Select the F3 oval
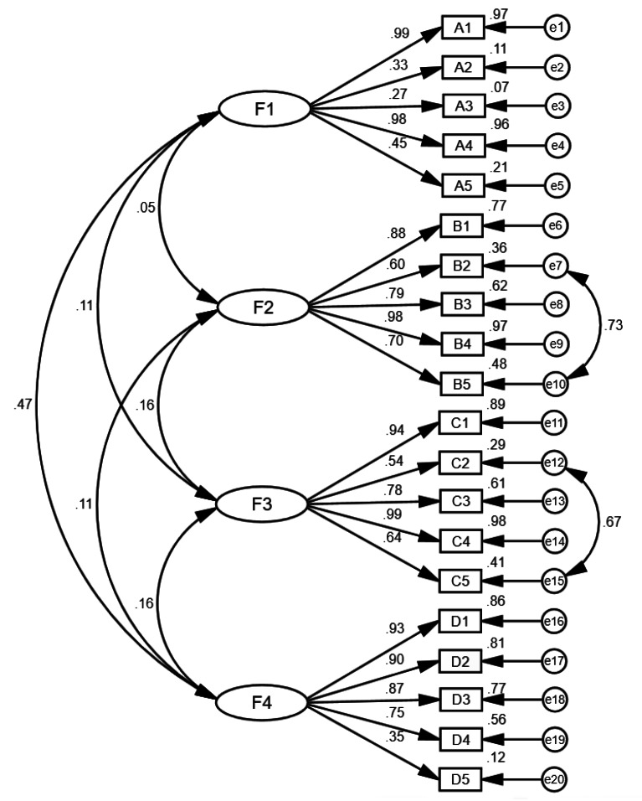pos(263,505)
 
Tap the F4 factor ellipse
pos(263,702)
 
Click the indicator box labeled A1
pos(463,28)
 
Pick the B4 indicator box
pos(463,344)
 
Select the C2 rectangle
pos(463,463)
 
